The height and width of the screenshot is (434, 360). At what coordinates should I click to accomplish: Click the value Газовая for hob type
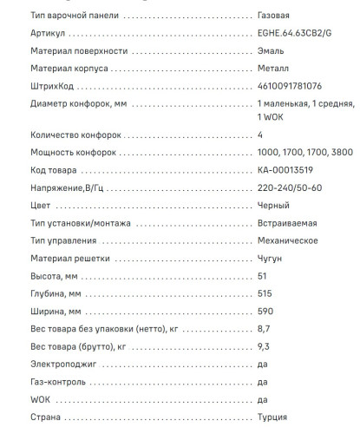coord(274,16)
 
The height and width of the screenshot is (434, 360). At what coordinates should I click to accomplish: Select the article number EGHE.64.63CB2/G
coord(295,34)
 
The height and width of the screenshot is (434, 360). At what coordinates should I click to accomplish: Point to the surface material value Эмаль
coord(272,51)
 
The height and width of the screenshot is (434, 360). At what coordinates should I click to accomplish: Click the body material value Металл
coord(274,69)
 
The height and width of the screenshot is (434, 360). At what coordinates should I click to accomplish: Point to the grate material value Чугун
coord(271,258)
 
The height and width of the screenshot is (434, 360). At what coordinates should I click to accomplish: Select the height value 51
coord(263,275)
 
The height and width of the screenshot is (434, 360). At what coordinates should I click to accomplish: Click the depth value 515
coord(265,293)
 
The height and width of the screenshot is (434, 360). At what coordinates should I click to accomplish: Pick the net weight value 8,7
coord(265,329)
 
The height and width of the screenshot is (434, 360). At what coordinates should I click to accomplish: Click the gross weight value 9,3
coord(265,346)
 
